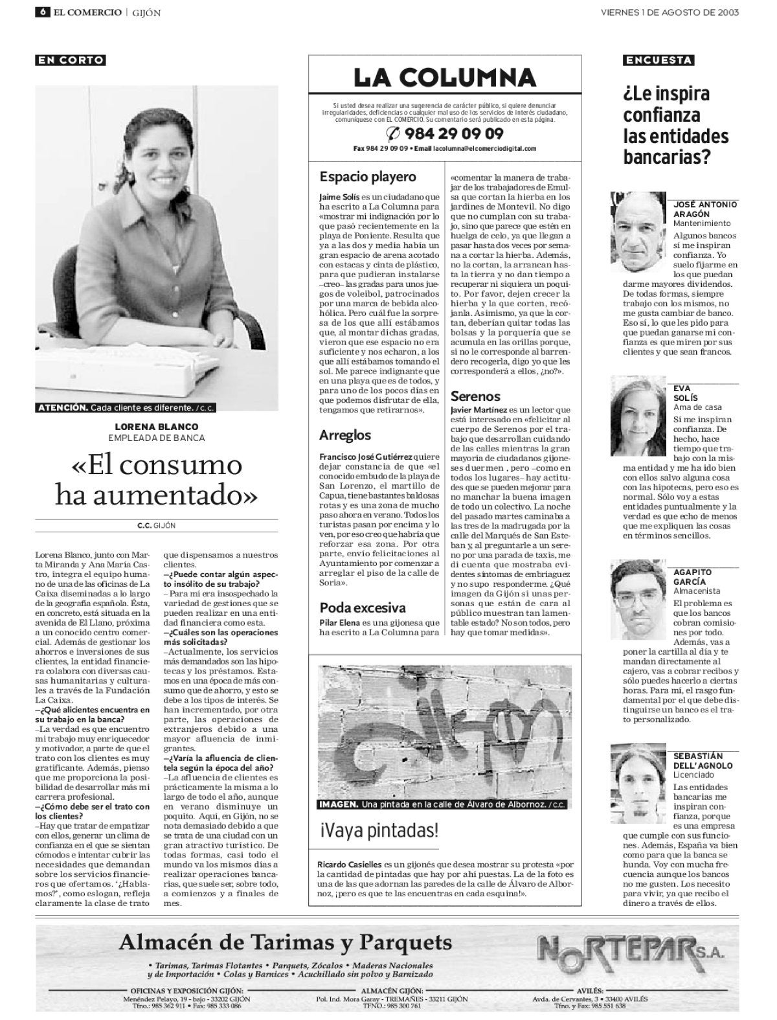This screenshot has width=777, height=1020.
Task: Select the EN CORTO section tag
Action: pyautogui.click(x=71, y=60)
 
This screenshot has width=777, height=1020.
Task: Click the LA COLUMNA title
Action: pyautogui.click(x=445, y=78)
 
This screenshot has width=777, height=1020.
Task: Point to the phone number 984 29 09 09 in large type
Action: pyautogui.click(x=445, y=134)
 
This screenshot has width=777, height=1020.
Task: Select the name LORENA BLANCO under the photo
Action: pyautogui.click(x=157, y=427)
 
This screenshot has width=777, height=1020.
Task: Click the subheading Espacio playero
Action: pyautogui.click(x=368, y=177)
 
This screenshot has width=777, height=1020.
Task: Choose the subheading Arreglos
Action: pyautogui.click(x=345, y=435)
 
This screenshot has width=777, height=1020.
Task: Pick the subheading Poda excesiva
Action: pyautogui.click(x=363, y=607)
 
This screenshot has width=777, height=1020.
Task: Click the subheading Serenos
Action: pyautogui.click(x=475, y=396)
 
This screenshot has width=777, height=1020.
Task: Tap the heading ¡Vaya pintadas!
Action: pyautogui.click(x=378, y=830)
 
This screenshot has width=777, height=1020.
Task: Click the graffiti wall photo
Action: pyautogui.click(x=445, y=732)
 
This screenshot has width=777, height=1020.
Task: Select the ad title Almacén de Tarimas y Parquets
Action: pyautogui.click(x=286, y=942)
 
